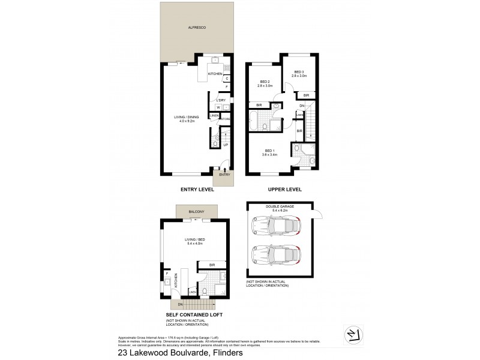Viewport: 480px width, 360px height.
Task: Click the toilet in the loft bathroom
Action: [x=204, y=292]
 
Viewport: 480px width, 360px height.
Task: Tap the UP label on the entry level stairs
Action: [x=225, y=145]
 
